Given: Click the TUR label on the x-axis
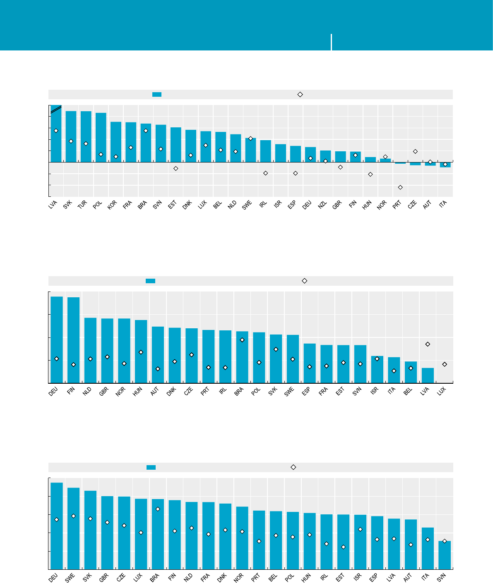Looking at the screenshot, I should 82,205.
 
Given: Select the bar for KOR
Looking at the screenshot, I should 116,141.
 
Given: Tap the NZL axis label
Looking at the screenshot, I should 322,205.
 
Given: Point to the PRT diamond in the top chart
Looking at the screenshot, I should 400,187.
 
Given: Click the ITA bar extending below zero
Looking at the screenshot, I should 445,165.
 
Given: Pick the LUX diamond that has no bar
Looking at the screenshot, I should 445,364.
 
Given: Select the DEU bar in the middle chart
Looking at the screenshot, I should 57,339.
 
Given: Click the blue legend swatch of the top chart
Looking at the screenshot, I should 157,94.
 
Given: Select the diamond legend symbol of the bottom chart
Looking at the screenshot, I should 293,467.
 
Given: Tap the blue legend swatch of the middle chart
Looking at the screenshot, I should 150,281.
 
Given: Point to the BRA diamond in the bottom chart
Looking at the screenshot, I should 158,509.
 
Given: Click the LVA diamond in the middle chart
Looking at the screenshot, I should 428,344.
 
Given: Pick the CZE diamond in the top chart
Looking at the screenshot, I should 415,151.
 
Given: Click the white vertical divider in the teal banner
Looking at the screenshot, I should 332,42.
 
